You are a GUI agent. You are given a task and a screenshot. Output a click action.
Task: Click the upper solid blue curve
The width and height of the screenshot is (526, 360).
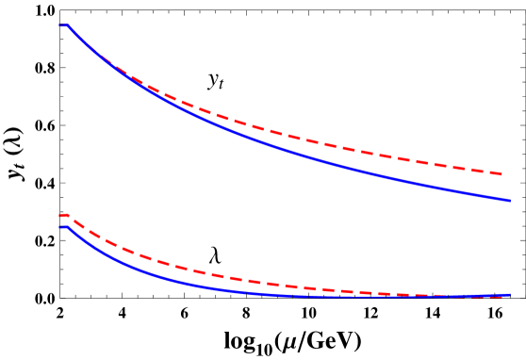tap(283, 149)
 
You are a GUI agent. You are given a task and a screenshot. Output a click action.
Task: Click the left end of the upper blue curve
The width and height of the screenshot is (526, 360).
tap(59, 25)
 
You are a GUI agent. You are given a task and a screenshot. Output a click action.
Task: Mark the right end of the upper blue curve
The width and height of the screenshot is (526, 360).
tap(510, 201)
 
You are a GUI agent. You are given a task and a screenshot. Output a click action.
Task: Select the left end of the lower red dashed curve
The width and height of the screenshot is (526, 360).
tap(59, 217)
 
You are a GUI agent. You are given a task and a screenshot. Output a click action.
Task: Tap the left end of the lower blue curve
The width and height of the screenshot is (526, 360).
tap(59, 227)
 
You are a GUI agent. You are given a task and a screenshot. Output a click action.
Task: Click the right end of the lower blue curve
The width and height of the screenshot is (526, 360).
tap(510, 295)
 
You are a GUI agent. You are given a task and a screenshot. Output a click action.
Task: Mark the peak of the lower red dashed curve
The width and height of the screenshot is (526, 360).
tap(66, 215)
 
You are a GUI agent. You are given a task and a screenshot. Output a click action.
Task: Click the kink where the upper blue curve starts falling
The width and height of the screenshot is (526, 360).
tap(67, 25)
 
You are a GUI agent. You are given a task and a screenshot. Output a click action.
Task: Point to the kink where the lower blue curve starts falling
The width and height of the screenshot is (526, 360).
tap(67, 226)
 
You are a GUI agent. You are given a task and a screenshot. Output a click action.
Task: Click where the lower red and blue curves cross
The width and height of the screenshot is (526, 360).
tap(443, 296)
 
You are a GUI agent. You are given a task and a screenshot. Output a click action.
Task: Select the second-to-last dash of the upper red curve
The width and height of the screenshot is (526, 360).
tap(476, 170)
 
